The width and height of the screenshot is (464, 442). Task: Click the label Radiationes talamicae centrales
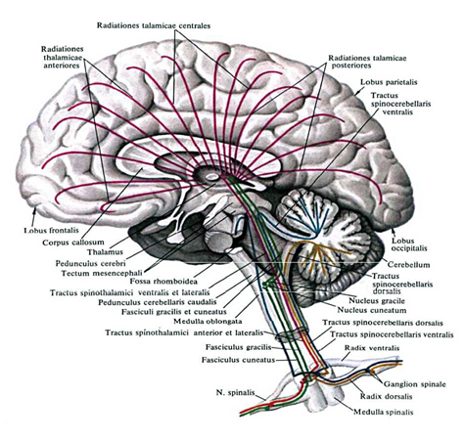coord(154,25)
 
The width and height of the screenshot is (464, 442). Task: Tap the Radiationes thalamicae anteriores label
coord(62,57)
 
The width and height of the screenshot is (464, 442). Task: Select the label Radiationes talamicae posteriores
coord(367,62)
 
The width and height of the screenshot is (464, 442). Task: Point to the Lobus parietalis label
coord(389,82)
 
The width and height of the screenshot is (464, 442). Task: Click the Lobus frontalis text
coord(52,231)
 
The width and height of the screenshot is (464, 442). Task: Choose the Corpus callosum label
coord(73,243)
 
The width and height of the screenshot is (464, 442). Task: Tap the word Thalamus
coord(105,252)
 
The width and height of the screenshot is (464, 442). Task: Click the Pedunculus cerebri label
coord(90,263)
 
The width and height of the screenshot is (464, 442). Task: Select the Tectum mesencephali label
coord(102,273)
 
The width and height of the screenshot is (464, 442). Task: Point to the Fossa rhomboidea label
coord(163,281)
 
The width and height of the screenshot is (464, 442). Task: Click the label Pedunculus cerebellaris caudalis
coord(158,302)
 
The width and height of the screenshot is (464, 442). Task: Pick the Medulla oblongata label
coord(208,321)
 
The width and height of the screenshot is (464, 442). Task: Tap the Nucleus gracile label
coord(377,300)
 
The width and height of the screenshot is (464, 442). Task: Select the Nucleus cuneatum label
coord(372,310)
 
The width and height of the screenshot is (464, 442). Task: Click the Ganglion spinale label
coord(414,384)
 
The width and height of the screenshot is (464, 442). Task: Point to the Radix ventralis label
coord(372,348)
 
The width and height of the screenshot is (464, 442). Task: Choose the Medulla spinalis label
coord(384,412)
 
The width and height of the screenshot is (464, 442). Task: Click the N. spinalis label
coord(235,392)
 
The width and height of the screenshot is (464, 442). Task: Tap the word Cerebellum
coord(408,264)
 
